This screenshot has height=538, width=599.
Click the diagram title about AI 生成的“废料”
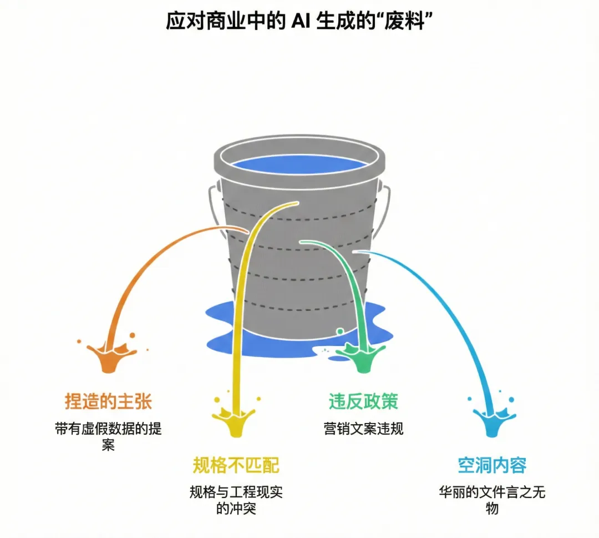[x=299, y=22]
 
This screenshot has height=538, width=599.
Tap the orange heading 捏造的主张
[x=109, y=401]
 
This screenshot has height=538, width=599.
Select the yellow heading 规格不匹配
[x=236, y=465]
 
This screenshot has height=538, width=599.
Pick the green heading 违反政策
[x=363, y=401]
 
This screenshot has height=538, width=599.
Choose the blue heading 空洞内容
[x=492, y=465]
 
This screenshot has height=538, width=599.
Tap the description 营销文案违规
[x=363, y=429]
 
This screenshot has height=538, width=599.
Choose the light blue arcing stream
[x=444, y=300]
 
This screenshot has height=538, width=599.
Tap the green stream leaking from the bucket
[x=355, y=289]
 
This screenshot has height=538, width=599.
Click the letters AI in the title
[x=299, y=22]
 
